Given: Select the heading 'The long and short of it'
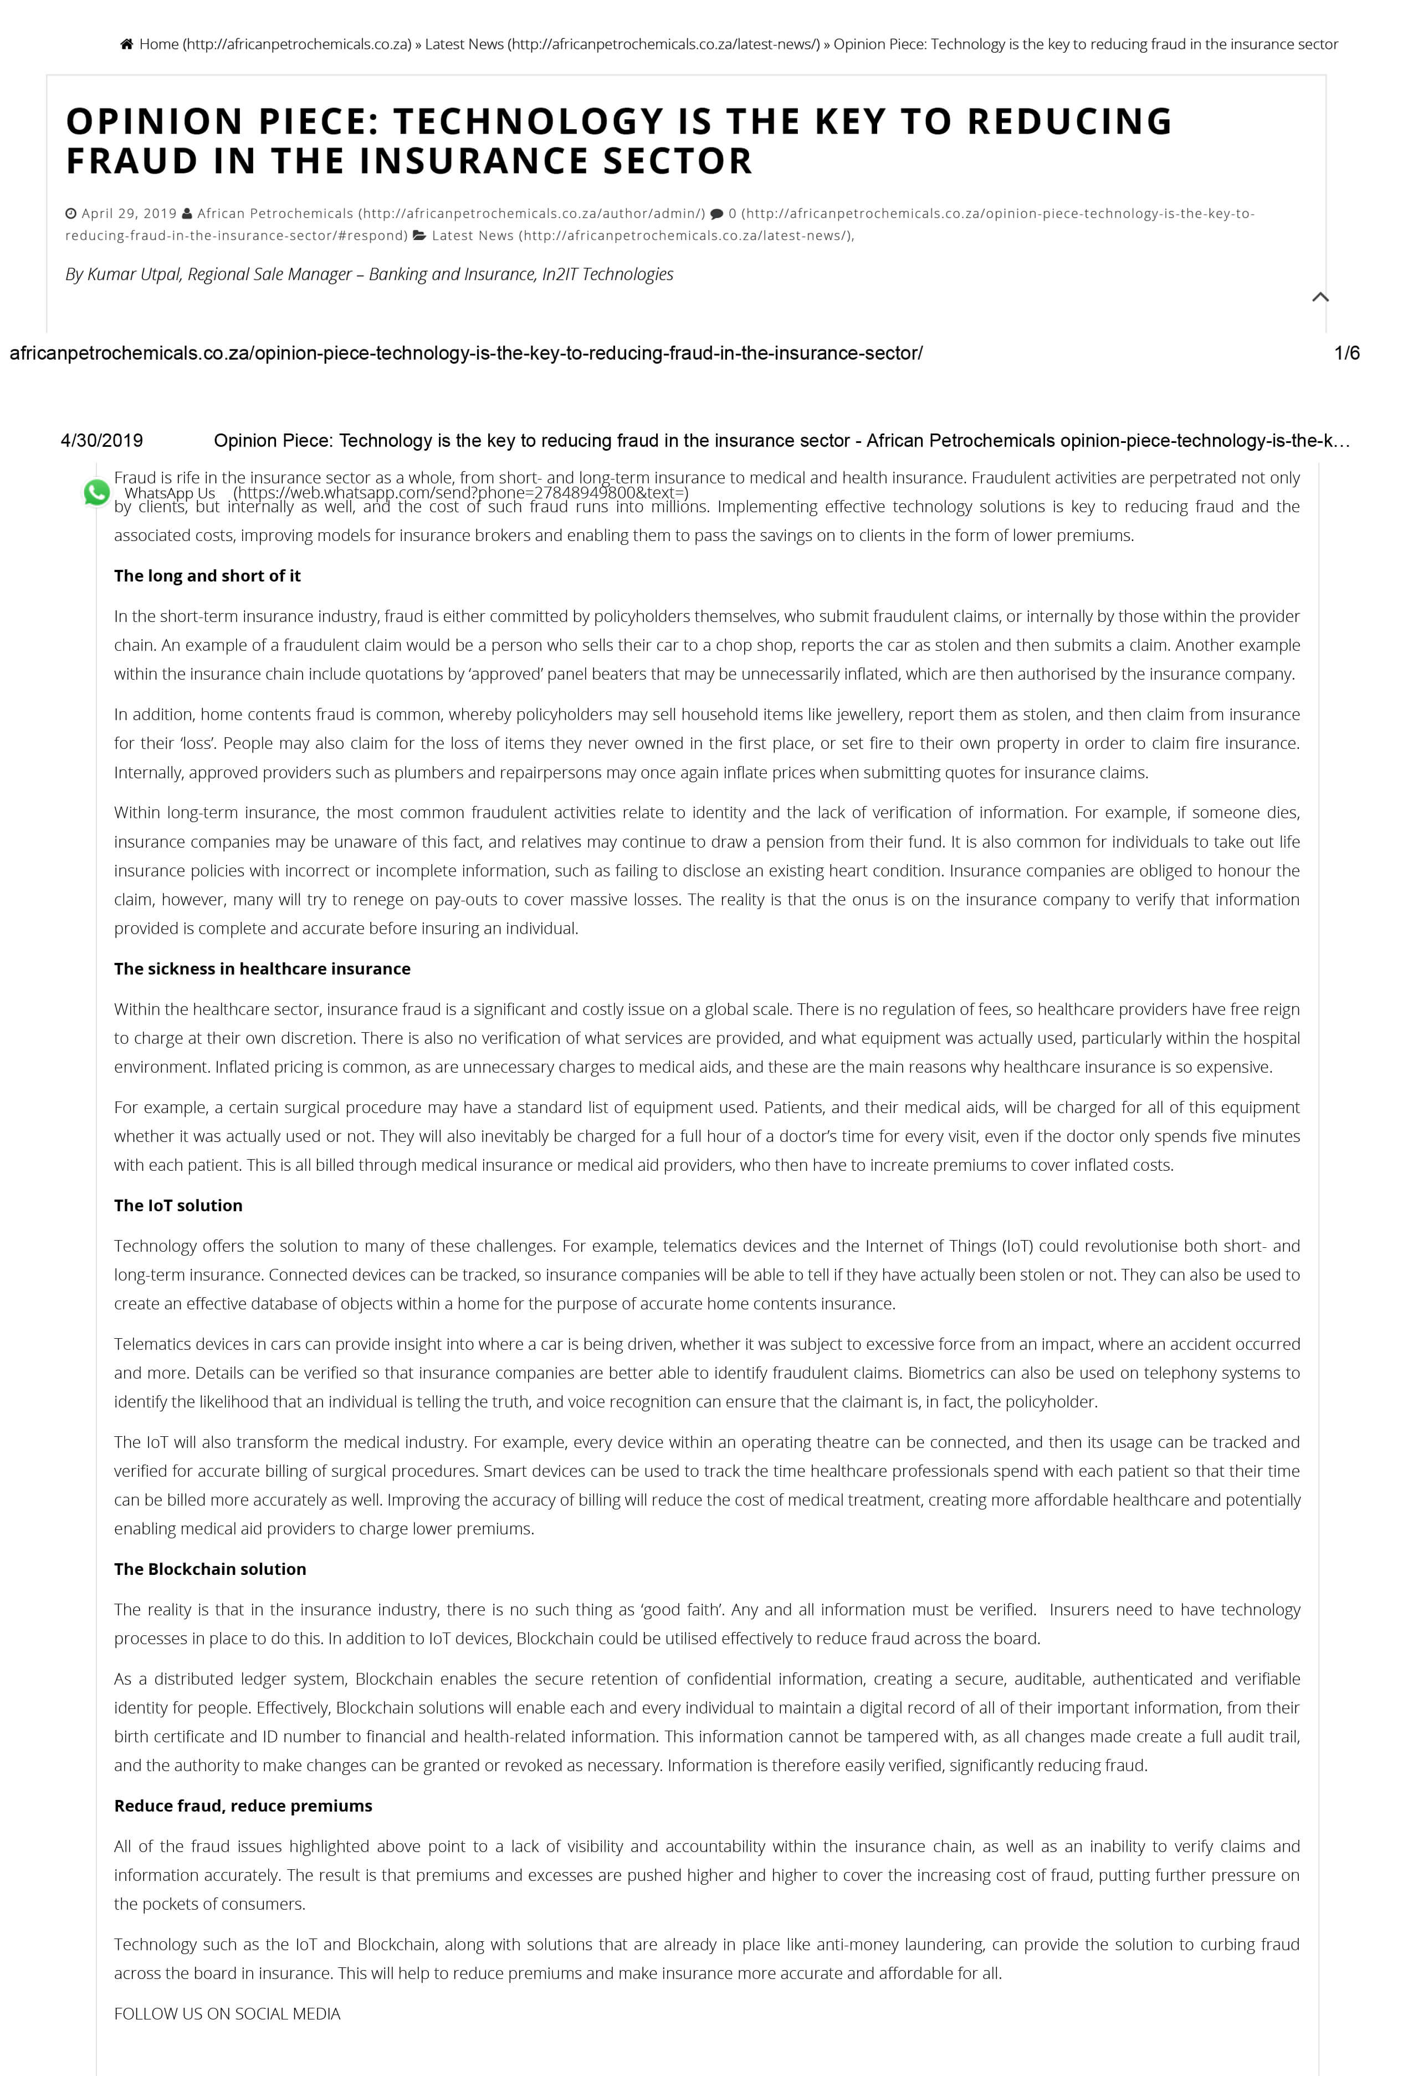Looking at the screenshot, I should click(207, 576).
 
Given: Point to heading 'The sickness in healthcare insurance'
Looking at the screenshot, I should click(262, 969).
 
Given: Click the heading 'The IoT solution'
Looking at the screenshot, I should click(178, 1206).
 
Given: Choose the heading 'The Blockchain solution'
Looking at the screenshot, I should click(210, 1569).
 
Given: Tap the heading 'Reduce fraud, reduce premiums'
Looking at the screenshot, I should click(243, 1806).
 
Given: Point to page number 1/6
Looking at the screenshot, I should click(1346, 354).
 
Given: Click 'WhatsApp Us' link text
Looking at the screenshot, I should click(170, 493).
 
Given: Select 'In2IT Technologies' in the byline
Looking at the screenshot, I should click(607, 274).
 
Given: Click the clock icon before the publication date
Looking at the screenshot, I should click(71, 213).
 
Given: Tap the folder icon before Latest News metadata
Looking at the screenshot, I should click(419, 236).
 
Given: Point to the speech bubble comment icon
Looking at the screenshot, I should click(716, 213).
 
